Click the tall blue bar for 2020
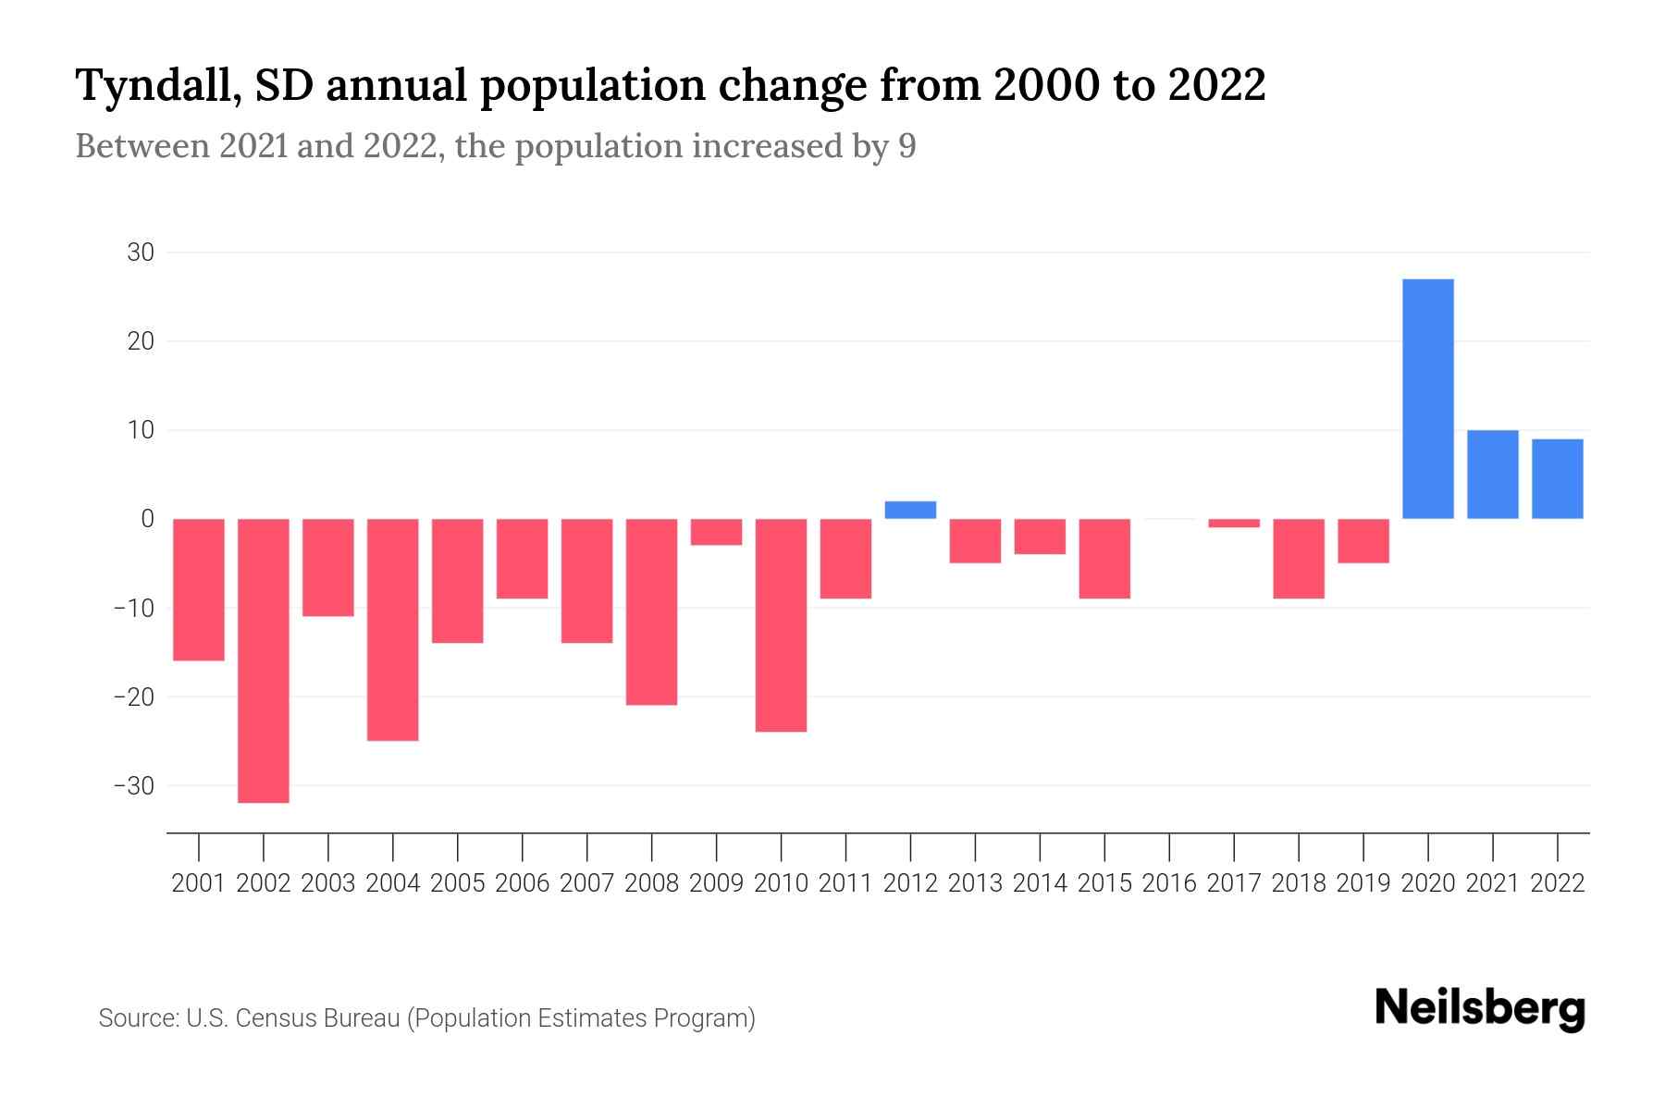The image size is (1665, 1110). click(1428, 399)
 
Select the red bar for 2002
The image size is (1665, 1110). click(264, 660)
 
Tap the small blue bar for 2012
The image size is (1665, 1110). click(910, 510)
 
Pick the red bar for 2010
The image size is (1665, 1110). click(781, 625)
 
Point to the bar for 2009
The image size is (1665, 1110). click(716, 532)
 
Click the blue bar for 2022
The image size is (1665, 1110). click(1558, 479)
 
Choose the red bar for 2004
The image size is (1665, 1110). click(393, 629)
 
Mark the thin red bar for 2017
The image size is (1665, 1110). click(1234, 524)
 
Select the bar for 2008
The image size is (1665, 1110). click(651, 611)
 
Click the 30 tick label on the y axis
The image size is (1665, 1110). click(141, 253)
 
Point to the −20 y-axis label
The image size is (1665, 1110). click(134, 697)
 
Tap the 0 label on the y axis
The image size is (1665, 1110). click(147, 519)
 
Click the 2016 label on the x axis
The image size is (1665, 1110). click(1169, 883)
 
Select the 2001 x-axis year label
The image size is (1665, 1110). click(199, 883)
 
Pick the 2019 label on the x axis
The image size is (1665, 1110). click(1363, 883)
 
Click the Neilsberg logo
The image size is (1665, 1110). click(1480, 1009)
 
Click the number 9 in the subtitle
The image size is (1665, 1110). click(907, 146)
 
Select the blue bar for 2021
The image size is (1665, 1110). click(1493, 475)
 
